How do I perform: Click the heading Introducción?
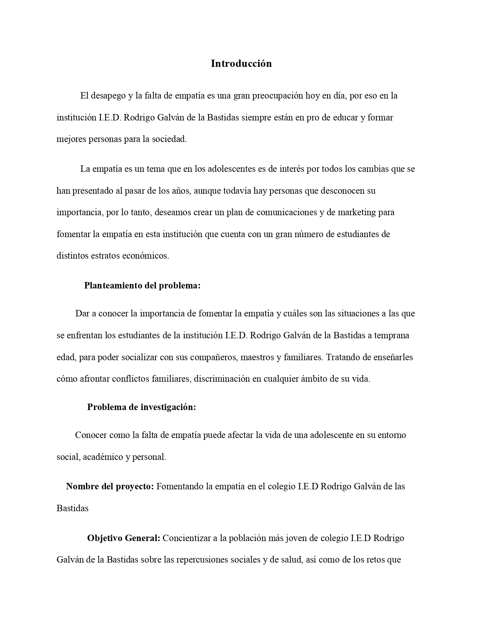241,63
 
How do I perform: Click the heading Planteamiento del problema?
142,285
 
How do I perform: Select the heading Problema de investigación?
141,407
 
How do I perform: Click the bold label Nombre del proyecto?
110,486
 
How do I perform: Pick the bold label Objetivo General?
124,538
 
